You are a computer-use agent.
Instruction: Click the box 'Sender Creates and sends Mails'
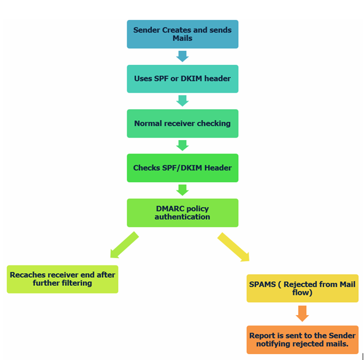click(x=182, y=34)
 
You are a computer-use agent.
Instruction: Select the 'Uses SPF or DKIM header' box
click(x=182, y=79)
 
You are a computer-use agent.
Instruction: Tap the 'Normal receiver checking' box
click(x=182, y=124)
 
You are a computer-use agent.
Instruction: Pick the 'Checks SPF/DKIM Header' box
click(x=182, y=168)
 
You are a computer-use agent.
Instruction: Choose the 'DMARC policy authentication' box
click(x=182, y=212)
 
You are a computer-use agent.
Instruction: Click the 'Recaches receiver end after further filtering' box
click(x=62, y=279)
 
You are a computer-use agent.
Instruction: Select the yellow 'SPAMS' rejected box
click(x=302, y=288)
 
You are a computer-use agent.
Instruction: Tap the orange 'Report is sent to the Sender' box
click(x=302, y=340)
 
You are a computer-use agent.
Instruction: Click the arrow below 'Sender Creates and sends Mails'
click(x=182, y=57)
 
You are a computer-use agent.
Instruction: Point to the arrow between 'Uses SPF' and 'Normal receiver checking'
click(x=182, y=101)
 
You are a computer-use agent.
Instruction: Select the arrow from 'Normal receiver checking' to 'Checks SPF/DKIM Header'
click(x=182, y=145)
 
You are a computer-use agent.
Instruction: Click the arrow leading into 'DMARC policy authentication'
click(x=182, y=190)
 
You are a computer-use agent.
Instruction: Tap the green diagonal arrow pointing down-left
click(x=124, y=245)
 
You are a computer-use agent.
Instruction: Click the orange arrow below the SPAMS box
click(x=302, y=314)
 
